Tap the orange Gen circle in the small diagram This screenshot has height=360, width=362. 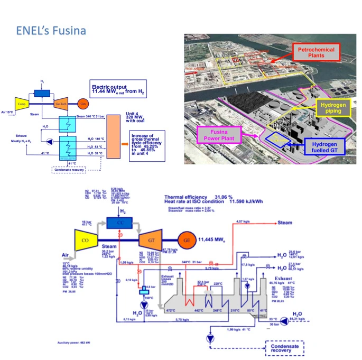click(x=83, y=104)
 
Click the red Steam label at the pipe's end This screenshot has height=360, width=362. click(x=284, y=223)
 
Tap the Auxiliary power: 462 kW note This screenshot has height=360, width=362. click(x=77, y=343)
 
